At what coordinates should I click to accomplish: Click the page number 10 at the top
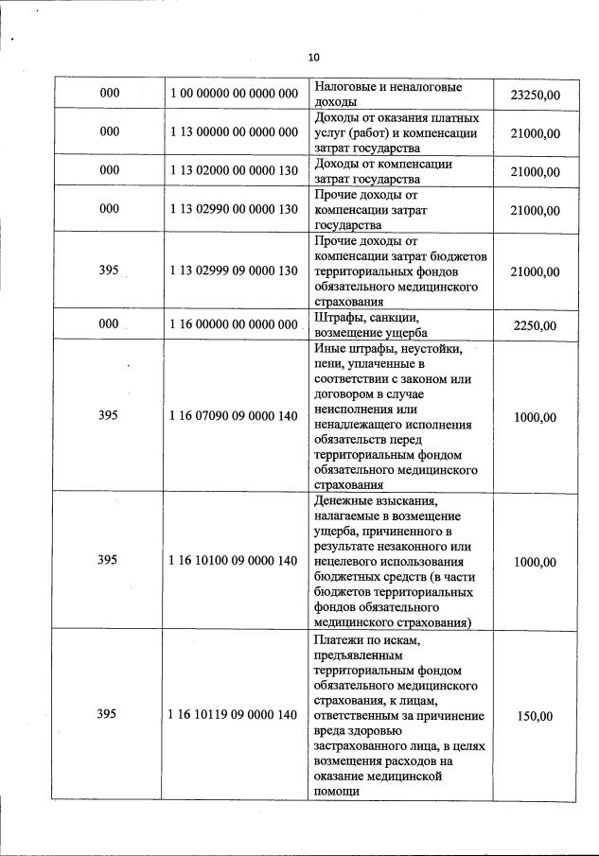(314, 58)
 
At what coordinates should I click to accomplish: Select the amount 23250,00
(535, 95)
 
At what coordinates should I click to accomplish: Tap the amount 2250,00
(535, 326)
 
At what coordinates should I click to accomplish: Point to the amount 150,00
(535, 716)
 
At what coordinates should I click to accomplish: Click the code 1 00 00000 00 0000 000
(234, 95)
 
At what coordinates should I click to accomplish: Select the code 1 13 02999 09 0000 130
(234, 271)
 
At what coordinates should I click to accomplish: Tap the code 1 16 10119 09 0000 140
(234, 716)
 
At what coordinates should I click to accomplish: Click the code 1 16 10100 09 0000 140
(234, 561)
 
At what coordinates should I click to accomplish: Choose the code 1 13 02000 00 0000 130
(234, 171)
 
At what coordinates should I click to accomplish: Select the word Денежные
(344, 500)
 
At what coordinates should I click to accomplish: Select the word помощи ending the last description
(337, 792)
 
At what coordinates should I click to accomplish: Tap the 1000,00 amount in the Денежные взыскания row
(535, 561)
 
